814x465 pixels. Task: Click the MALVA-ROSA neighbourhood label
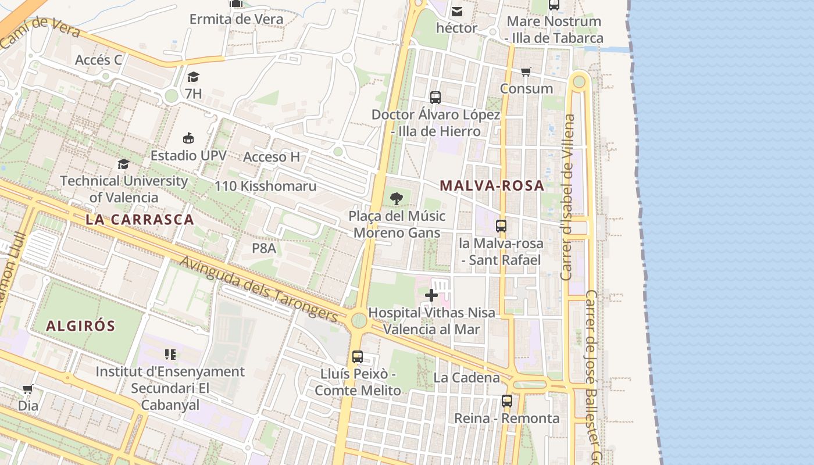(x=492, y=186)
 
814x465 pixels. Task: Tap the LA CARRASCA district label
(x=140, y=220)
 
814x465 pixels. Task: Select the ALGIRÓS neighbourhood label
(x=81, y=325)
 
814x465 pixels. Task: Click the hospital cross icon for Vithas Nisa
(x=431, y=296)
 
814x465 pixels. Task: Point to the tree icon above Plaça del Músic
(x=397, y=199)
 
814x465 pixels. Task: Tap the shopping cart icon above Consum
(x=526, y=72)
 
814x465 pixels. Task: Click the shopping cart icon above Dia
(x=27, y=389)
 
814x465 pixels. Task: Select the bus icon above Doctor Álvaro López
(x=435, y=98)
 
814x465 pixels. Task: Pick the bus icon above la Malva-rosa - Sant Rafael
(x=501, y=226)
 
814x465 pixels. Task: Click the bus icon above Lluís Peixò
(x=358, y=356)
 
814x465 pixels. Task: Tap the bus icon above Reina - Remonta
(x=507, y=401)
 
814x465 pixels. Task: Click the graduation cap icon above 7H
(x=194, y=77)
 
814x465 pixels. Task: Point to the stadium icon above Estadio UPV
(x=188, y=138)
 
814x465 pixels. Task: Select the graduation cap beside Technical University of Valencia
(x=123, y=164)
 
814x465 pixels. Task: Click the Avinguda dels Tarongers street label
(x=259, y=289)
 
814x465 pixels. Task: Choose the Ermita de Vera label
(x=237, y=19)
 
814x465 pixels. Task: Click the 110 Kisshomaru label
(x=266, y=186)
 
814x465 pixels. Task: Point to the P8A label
(x=263, y=248)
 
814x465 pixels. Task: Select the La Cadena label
(x=467, y=378)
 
